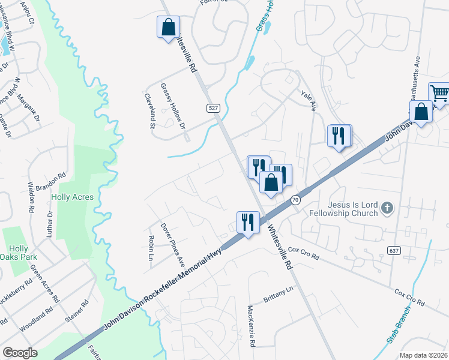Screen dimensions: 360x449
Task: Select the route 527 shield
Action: (213, 108)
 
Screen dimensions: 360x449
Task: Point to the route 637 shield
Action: (393, 250)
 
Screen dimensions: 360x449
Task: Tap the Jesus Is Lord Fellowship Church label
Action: (343, 208)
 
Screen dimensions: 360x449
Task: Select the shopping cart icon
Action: (439, 94)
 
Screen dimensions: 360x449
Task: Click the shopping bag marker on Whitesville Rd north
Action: (168, 26)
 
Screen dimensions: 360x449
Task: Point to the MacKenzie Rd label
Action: (252, 326)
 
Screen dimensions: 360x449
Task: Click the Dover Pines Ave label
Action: (172, 244)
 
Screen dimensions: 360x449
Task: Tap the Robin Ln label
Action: (151, 248)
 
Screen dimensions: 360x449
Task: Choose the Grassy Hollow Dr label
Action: (173, 106)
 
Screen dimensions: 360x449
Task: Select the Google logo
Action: (20, 353)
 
